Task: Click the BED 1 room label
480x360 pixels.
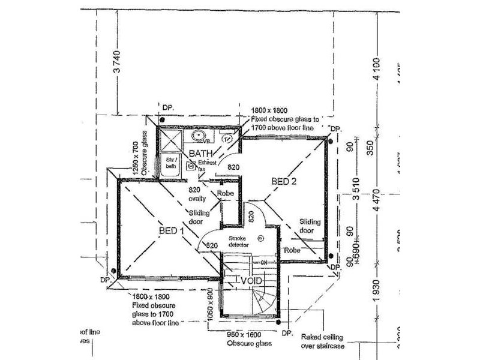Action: click(172, 231)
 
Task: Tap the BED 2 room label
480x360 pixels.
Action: click(285, 181)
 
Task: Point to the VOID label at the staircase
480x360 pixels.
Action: click(250, 280)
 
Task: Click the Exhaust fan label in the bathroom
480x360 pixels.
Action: click(206, 166)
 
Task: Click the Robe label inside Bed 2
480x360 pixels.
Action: click(292, 250)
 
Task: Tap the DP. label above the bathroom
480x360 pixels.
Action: click(168, 107)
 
